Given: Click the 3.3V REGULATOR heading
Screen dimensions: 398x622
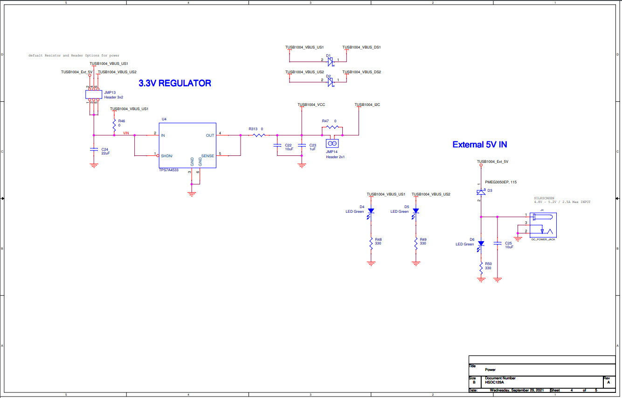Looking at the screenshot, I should (x=175, y=84).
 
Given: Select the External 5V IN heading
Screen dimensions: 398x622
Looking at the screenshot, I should (x=479, y=145).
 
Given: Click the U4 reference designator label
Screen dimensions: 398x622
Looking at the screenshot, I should (x=164, y=119).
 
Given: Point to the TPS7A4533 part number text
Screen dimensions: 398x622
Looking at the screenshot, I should (x=168, y=170).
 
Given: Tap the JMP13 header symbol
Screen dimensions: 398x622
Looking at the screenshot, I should (x=93, y=94).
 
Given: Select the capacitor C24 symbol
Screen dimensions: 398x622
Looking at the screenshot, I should (x=94, y=150).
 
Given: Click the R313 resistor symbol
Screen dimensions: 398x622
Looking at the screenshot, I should (x=259, y=135).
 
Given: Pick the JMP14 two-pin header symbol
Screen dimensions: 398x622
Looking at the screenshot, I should (x=332, y=144).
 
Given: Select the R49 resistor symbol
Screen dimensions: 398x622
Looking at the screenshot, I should (x=416, y=243).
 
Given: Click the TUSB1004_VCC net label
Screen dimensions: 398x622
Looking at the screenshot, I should (x=311, y=105).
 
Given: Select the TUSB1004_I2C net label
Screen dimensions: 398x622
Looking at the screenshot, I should (x=367, y=105).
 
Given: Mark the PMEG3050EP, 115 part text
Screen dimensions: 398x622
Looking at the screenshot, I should (x=500, y=182).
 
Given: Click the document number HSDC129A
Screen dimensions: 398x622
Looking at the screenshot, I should (x=494, y=382).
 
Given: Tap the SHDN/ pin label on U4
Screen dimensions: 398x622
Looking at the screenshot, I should (x=167, y=156).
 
